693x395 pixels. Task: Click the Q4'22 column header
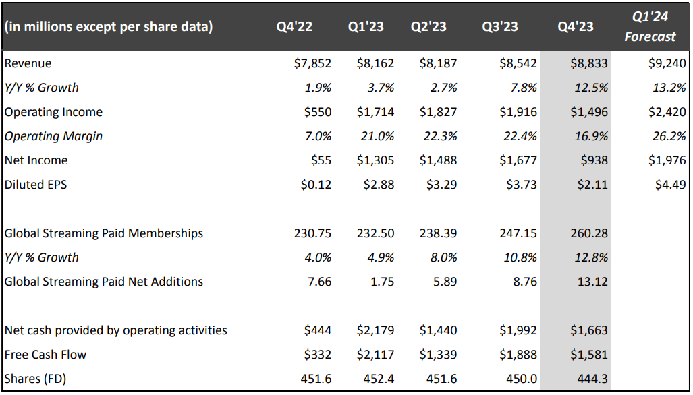click(x=294, y=26)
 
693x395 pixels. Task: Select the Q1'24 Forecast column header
click(x=650, y=26)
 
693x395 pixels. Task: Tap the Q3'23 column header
click(x=500, y=26)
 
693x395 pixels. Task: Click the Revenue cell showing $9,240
click(x=667, y=63)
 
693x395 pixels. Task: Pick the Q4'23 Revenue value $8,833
click(x=589, y=63)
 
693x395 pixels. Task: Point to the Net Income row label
click(x=36, y=160)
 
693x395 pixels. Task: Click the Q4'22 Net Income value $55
click(x=321, y=160)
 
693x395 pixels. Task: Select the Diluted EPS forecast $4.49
click(x=671, y=185)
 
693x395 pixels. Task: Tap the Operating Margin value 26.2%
click(x=669, y=136)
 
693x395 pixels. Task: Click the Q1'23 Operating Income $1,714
click(x=375, y=112)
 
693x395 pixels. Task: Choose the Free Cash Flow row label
click(x=45, y=355)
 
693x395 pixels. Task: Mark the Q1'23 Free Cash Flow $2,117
click(x=375, y=355)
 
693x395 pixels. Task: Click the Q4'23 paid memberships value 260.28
click(x=589, y=233)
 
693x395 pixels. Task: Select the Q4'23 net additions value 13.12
click(x=592, y=282)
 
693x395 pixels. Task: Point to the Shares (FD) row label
click(x=35, y=379)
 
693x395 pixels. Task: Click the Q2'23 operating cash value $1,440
click(x=438, y=330)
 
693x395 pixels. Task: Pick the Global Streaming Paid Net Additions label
click(x=103, y=282)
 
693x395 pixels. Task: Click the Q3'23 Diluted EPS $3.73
click(x=522, y=185)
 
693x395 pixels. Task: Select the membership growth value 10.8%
click(x=520, y=257)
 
